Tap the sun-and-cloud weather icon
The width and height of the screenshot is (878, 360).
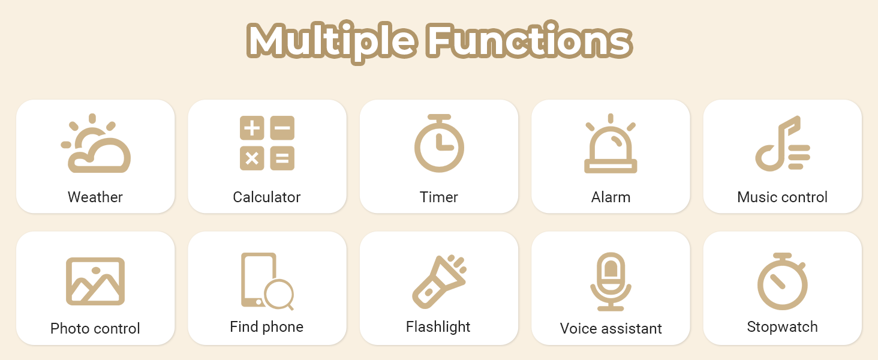point(96,144)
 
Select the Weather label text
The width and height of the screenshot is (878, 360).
point(95,197)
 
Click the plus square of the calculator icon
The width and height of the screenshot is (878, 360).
point(252,128)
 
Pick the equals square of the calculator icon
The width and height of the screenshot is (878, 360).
point(282,158)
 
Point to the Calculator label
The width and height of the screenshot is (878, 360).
point(267,197)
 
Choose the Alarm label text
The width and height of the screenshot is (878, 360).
point(611,197)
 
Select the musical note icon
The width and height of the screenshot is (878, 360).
point(782,144)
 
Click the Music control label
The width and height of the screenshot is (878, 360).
point(782,197)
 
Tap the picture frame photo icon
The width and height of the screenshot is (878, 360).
point(95,281)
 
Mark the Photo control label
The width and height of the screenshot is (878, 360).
point(95,328)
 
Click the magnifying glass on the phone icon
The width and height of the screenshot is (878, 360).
point(279,295)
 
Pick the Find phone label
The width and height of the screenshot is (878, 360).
point(267,326)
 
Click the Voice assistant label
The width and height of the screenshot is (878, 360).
point(611,328)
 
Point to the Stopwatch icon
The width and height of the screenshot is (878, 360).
point(782,282)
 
